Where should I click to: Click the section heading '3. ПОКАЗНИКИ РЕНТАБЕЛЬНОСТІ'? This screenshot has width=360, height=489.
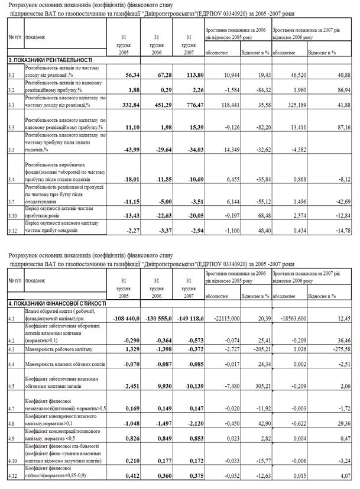tap(50, 60)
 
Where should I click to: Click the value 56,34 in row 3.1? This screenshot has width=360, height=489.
tap(128, 76)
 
